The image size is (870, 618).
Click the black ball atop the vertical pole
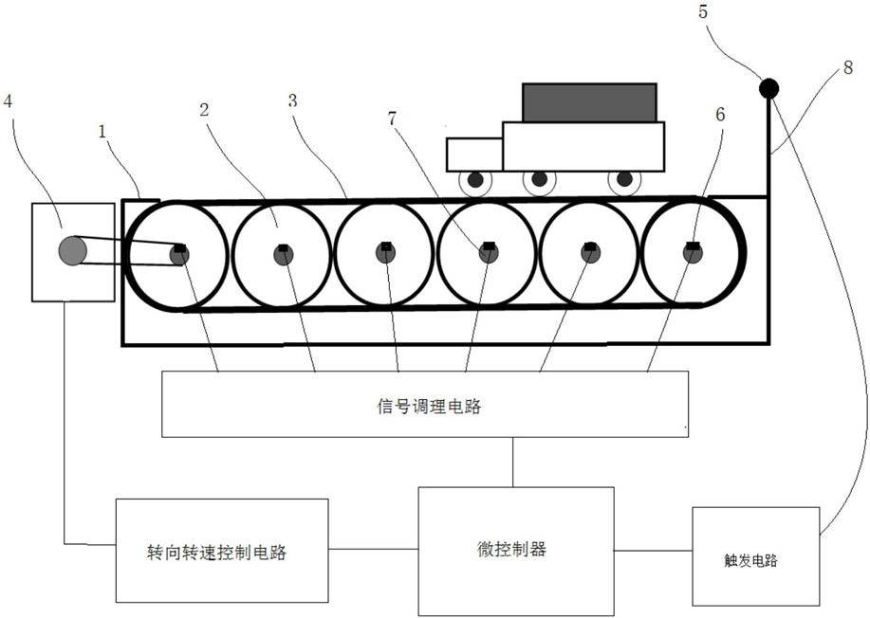[x=768, y=88]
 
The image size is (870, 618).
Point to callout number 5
[x=703, y=11]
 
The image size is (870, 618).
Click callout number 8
[x=848, y=68]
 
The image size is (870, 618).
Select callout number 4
[x=9, y=101]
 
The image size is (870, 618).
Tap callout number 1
[x=102, y=132]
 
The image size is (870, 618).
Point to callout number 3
[x=292, y=100]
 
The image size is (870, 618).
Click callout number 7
[x=392, y=118]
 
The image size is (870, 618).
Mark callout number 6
[x=720, y=115]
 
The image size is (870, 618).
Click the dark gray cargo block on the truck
[x=589, y=102]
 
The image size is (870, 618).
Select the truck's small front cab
[x=474, y=154]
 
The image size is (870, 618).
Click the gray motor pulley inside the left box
[x=73, y=250]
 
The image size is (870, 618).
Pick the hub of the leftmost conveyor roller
[x=179, y=254]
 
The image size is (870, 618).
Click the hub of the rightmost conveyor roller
[x=693, y=253]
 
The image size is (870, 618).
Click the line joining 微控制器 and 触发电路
[x=653, y=551]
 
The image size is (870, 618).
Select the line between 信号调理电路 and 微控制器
[x=512, y=462]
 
